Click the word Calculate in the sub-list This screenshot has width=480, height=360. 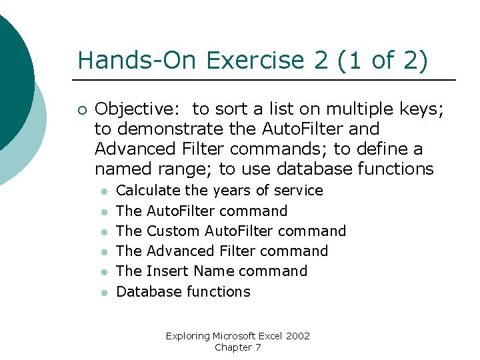(149, 191)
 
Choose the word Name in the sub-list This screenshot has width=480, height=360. (214, 271)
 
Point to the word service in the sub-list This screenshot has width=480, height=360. (298, 191)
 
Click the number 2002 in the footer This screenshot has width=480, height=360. (297, 336)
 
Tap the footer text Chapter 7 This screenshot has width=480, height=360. (238, 347)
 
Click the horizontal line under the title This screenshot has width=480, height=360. (267, 81)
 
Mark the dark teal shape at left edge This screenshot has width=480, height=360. (12, 80)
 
